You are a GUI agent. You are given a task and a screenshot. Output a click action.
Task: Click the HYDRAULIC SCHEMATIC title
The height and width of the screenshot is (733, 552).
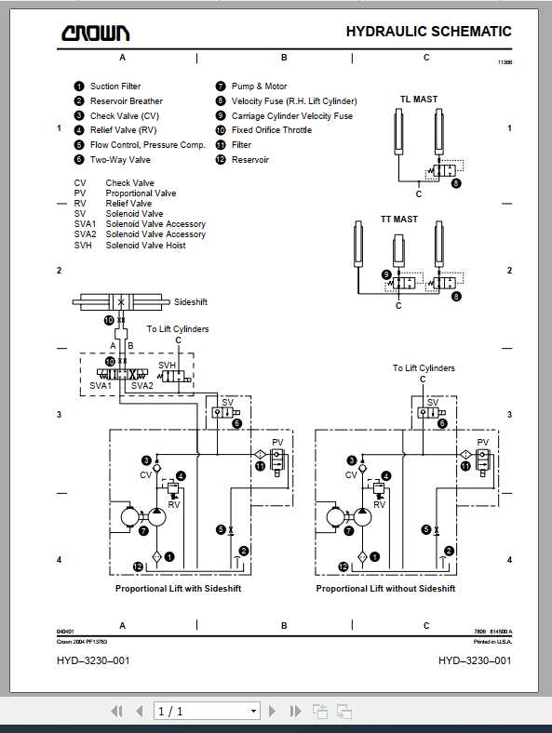coord(428,32)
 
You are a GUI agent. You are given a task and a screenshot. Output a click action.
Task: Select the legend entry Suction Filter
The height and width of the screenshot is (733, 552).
coord(115,87)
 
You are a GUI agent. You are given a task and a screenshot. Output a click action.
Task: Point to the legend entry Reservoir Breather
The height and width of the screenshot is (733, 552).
coord(126,101)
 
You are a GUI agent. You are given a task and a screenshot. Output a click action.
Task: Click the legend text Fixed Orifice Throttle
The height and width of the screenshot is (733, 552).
coord(272,130)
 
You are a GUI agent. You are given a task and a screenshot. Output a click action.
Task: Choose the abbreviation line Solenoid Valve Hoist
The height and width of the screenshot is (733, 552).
coord(145,246)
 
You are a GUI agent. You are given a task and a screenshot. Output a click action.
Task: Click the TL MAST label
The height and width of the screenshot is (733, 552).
coord(418,100)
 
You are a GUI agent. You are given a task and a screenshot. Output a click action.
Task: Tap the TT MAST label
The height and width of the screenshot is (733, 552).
coord(399,220)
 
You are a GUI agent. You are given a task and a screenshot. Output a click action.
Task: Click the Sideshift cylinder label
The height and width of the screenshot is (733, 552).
coord(192,302)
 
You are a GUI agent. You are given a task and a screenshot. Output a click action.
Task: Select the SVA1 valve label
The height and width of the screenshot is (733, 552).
coord(101,385)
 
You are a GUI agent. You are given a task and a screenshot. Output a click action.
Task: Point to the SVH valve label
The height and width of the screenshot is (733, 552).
coord(167,366)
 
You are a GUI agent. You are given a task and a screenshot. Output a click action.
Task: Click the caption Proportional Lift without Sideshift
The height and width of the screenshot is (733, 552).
coord(385,589)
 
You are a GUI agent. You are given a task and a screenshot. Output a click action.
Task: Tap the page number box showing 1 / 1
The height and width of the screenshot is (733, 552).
coord(206,711)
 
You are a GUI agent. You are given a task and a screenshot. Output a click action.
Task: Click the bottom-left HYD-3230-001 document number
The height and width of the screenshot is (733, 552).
coord(93,660)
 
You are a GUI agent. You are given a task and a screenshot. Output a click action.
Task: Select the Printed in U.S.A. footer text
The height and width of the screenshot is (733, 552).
coord(492,641)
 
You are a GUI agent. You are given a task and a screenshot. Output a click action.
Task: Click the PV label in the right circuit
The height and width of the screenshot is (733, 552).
coord(482,443)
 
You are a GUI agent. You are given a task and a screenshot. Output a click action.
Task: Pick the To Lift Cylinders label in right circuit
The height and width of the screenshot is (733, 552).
coord(424,368)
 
